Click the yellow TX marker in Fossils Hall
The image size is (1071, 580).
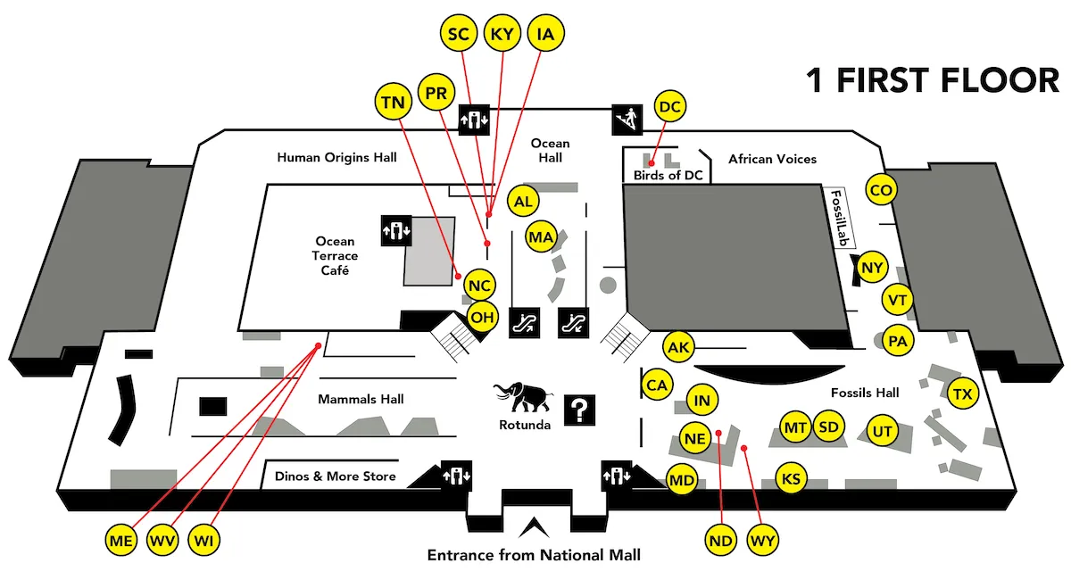(963, 394)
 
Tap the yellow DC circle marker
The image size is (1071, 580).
(670, 107)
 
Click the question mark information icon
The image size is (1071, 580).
(579, 410)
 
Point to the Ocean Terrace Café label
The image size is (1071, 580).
(335, 255)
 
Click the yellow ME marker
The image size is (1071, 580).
(121, 540)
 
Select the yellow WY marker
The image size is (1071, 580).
(763, 540)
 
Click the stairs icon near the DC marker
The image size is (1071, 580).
(627, 118)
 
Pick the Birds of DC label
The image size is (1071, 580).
(668, 175)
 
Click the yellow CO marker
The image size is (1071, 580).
(881, 190)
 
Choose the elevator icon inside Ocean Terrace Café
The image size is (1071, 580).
(395, 229)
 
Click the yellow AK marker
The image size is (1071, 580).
(679, 347)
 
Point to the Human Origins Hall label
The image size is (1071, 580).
(336, 157)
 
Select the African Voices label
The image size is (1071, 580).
(772, 159)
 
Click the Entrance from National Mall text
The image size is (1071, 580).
(534, 555)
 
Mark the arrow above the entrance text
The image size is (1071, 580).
(534, 527)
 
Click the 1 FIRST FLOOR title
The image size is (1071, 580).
(932, 80)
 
